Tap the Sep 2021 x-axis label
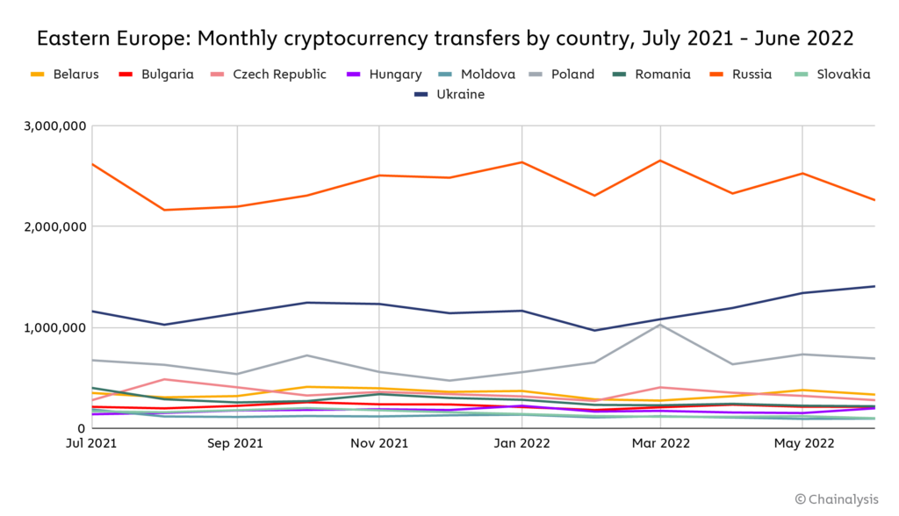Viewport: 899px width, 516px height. click(x=237, y=443)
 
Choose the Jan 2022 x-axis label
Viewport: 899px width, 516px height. click(x=522, y=443)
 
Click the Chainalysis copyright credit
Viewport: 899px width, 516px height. click(x=836, y=499)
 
